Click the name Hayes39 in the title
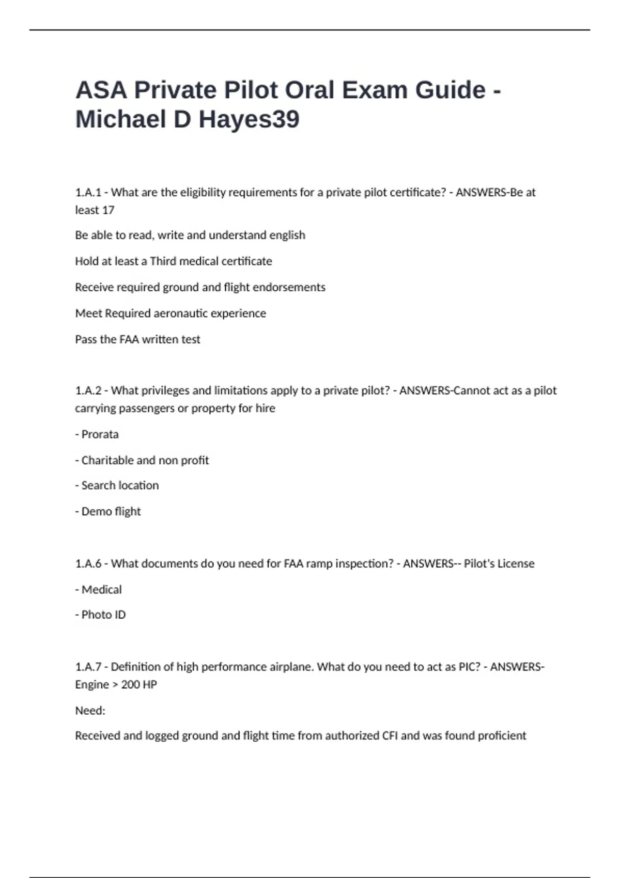[x=249, y=119]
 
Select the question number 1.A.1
[x=88, y=193]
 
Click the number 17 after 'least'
[x=108, y=210]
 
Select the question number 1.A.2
[x=88, y=390]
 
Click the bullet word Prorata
[x=100, y=434]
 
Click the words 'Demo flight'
[x=111, y=511]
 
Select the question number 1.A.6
[x=88, y=563]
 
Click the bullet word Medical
[x=101, y=589]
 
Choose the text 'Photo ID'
[x=103, y=615]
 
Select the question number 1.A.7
[x=88, y=667]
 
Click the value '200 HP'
[x=139, y=685]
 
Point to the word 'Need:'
[x=90, y=711]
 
